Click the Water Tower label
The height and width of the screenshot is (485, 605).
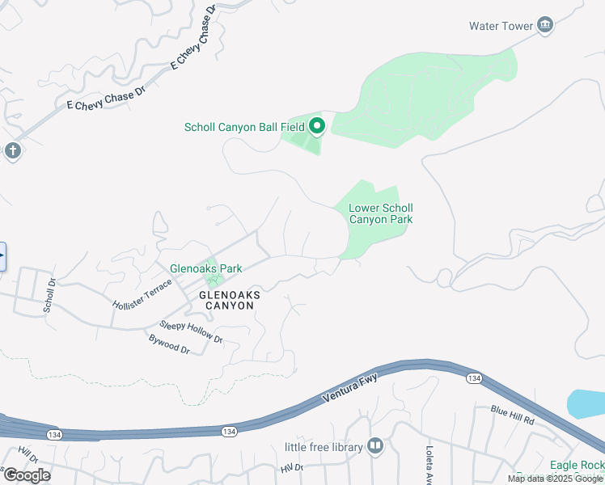[501, 26]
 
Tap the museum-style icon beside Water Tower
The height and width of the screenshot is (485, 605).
[545, 26]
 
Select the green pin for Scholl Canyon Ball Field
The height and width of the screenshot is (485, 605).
[317, 126]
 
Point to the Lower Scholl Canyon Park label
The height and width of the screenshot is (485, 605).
[380, 213]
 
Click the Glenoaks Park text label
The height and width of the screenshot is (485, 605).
[205, 268]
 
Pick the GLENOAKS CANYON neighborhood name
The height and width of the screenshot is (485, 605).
[230, 301]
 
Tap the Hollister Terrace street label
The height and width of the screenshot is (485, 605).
[142, 293]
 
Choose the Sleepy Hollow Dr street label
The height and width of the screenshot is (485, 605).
[191, 331]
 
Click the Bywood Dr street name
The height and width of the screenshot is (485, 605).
[169, 345]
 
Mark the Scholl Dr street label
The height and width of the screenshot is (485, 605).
[49, 296]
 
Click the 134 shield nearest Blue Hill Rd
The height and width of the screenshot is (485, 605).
[473, 378]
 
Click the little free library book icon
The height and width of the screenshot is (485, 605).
[374, 446]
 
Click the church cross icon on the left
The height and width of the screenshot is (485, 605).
[11, 150]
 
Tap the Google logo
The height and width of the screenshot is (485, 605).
[27, 475]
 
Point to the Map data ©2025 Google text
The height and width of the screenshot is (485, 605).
[555, 479]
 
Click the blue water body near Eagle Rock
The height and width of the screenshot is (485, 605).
[586, 403]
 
